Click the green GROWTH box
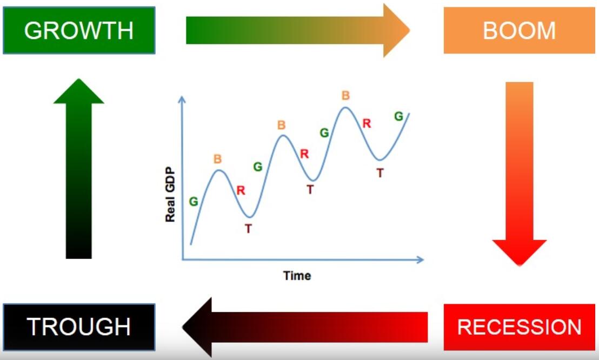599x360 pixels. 79,30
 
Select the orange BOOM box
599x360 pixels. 519,30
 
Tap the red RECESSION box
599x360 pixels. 519,327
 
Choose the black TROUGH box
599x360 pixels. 79,327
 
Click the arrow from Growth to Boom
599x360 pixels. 298,30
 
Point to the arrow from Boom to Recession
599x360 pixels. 520,174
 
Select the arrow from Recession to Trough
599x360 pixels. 305,327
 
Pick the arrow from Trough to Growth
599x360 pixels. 79,169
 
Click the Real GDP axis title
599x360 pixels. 170,195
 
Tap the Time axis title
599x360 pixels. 297,276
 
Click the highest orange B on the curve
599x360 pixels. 346,95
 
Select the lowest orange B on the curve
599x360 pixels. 217,158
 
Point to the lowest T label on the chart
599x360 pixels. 248,229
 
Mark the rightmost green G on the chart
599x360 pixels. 398,116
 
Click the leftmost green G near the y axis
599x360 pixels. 194,202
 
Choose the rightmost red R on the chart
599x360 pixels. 367,123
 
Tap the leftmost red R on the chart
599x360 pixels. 241,190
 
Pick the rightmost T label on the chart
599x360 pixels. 380,173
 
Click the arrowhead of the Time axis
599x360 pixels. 420,260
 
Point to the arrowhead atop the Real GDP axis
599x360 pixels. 182,99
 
